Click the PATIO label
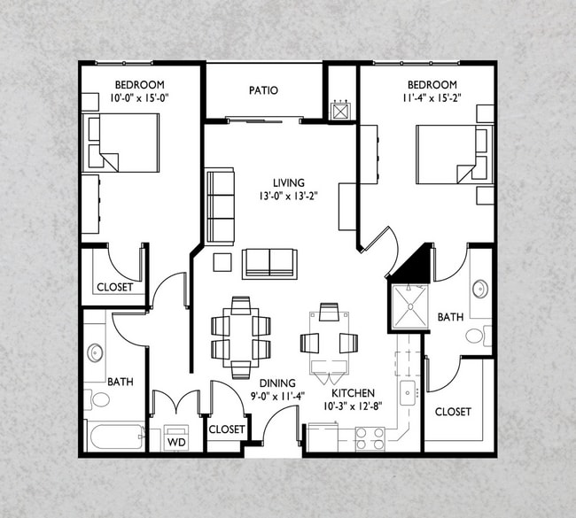(x=263, y=90)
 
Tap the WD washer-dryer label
(x=176, y=442)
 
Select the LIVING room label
(x=289, y=182)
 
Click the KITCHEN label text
(x=353, y=393)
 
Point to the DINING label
(x=277, y=383)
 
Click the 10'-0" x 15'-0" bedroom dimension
(x=139, y=98)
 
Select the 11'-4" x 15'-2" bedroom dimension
(x=432, y=98)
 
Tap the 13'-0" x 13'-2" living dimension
(x=288, y=196)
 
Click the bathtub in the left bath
(x=115, y=437)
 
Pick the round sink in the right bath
(x=480, y=289)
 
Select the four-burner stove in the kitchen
(x=370, y=439)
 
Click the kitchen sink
(x=408, y=393)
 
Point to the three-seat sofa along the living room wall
(x=220, y=206)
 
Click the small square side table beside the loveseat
(x=222, y=262)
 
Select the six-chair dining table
(x=241, y=337)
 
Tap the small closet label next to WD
(x=227, y=429)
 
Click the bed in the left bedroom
(x=121, y=143)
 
